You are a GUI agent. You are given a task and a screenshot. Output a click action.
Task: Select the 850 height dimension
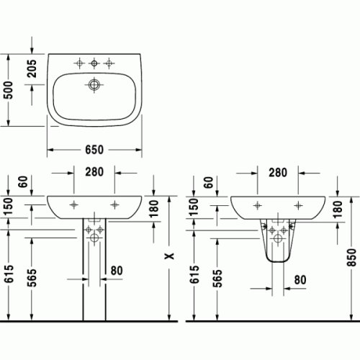pyautogui.click(x=351, y=256)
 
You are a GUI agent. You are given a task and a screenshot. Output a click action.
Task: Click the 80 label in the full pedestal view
pyautogui.click(x=116, y=271)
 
